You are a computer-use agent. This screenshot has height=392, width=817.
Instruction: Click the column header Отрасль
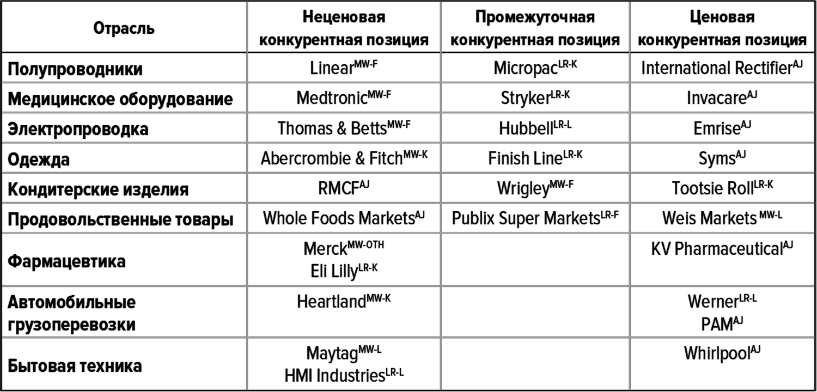coord(124,28)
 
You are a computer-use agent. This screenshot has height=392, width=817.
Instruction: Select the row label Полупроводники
coord(75,69)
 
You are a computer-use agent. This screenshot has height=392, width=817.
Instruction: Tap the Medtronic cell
coord(332,97)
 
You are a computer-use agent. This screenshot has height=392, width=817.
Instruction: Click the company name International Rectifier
coord(716,68)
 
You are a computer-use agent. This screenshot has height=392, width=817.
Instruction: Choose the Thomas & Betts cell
coord(332,128)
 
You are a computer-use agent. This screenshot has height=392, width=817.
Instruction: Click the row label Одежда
coord(38,160)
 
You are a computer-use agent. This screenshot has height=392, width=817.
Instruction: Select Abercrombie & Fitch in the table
coord(332,158)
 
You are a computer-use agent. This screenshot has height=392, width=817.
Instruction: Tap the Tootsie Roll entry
coord(712,188)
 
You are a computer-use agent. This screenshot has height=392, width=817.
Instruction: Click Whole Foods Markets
coord(338,218)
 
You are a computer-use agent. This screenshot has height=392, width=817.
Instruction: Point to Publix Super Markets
coord(526,218)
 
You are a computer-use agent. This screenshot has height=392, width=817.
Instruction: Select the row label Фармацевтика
coord(66,261)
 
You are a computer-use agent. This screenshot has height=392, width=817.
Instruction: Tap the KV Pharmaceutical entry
coord(717,249)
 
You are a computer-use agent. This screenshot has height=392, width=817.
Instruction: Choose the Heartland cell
coord(332,302)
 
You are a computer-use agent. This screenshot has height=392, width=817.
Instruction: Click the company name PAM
coord(717,324)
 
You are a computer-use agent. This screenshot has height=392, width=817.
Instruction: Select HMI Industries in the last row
coord(334,376)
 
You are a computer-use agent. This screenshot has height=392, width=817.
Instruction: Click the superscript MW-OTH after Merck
coord(366,244)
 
